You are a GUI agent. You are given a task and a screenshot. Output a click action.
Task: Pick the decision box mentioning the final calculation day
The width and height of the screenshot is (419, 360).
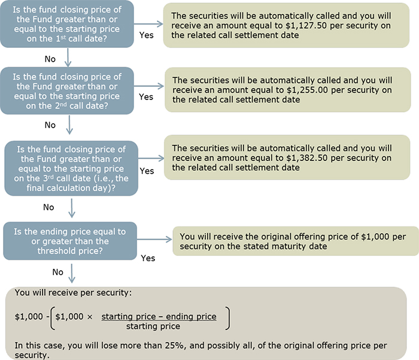pos(71,168)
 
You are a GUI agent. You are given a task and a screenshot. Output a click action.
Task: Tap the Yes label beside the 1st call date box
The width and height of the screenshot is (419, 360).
pos(146,35)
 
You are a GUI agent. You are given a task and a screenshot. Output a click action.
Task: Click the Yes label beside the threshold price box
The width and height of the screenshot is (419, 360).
pos(148,258)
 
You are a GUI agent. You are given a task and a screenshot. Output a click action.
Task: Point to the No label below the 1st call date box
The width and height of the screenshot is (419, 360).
pos(50,59)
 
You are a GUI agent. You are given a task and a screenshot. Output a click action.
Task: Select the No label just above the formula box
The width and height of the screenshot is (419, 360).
pos(57,272)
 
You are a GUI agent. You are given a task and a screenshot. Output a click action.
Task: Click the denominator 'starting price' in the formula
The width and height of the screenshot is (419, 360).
pos(159,326)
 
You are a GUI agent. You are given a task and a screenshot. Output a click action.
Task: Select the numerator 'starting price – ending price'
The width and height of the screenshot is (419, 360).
pos(159,316)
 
